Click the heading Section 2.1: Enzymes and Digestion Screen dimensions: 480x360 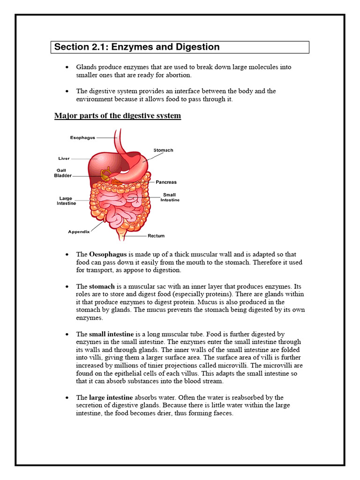tap(137, 47)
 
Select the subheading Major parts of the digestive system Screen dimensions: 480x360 tap(118, 116)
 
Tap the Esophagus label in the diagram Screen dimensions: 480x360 tap(82, 138)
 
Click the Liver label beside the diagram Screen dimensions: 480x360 tap(64, 158)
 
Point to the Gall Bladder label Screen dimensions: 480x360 tap(64, 173)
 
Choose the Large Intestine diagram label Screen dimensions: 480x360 tap(66, 201)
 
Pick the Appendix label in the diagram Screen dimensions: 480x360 tap(79, 232)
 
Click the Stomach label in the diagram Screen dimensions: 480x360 tap(163, 150)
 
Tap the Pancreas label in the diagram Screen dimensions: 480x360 tap(166, 182)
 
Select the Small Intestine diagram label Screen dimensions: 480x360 tap(170, 197)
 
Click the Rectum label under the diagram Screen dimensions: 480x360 tap(156, 236)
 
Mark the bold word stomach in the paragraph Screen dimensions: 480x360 tap(102, 286)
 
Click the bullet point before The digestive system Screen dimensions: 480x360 tap(68, 91)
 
